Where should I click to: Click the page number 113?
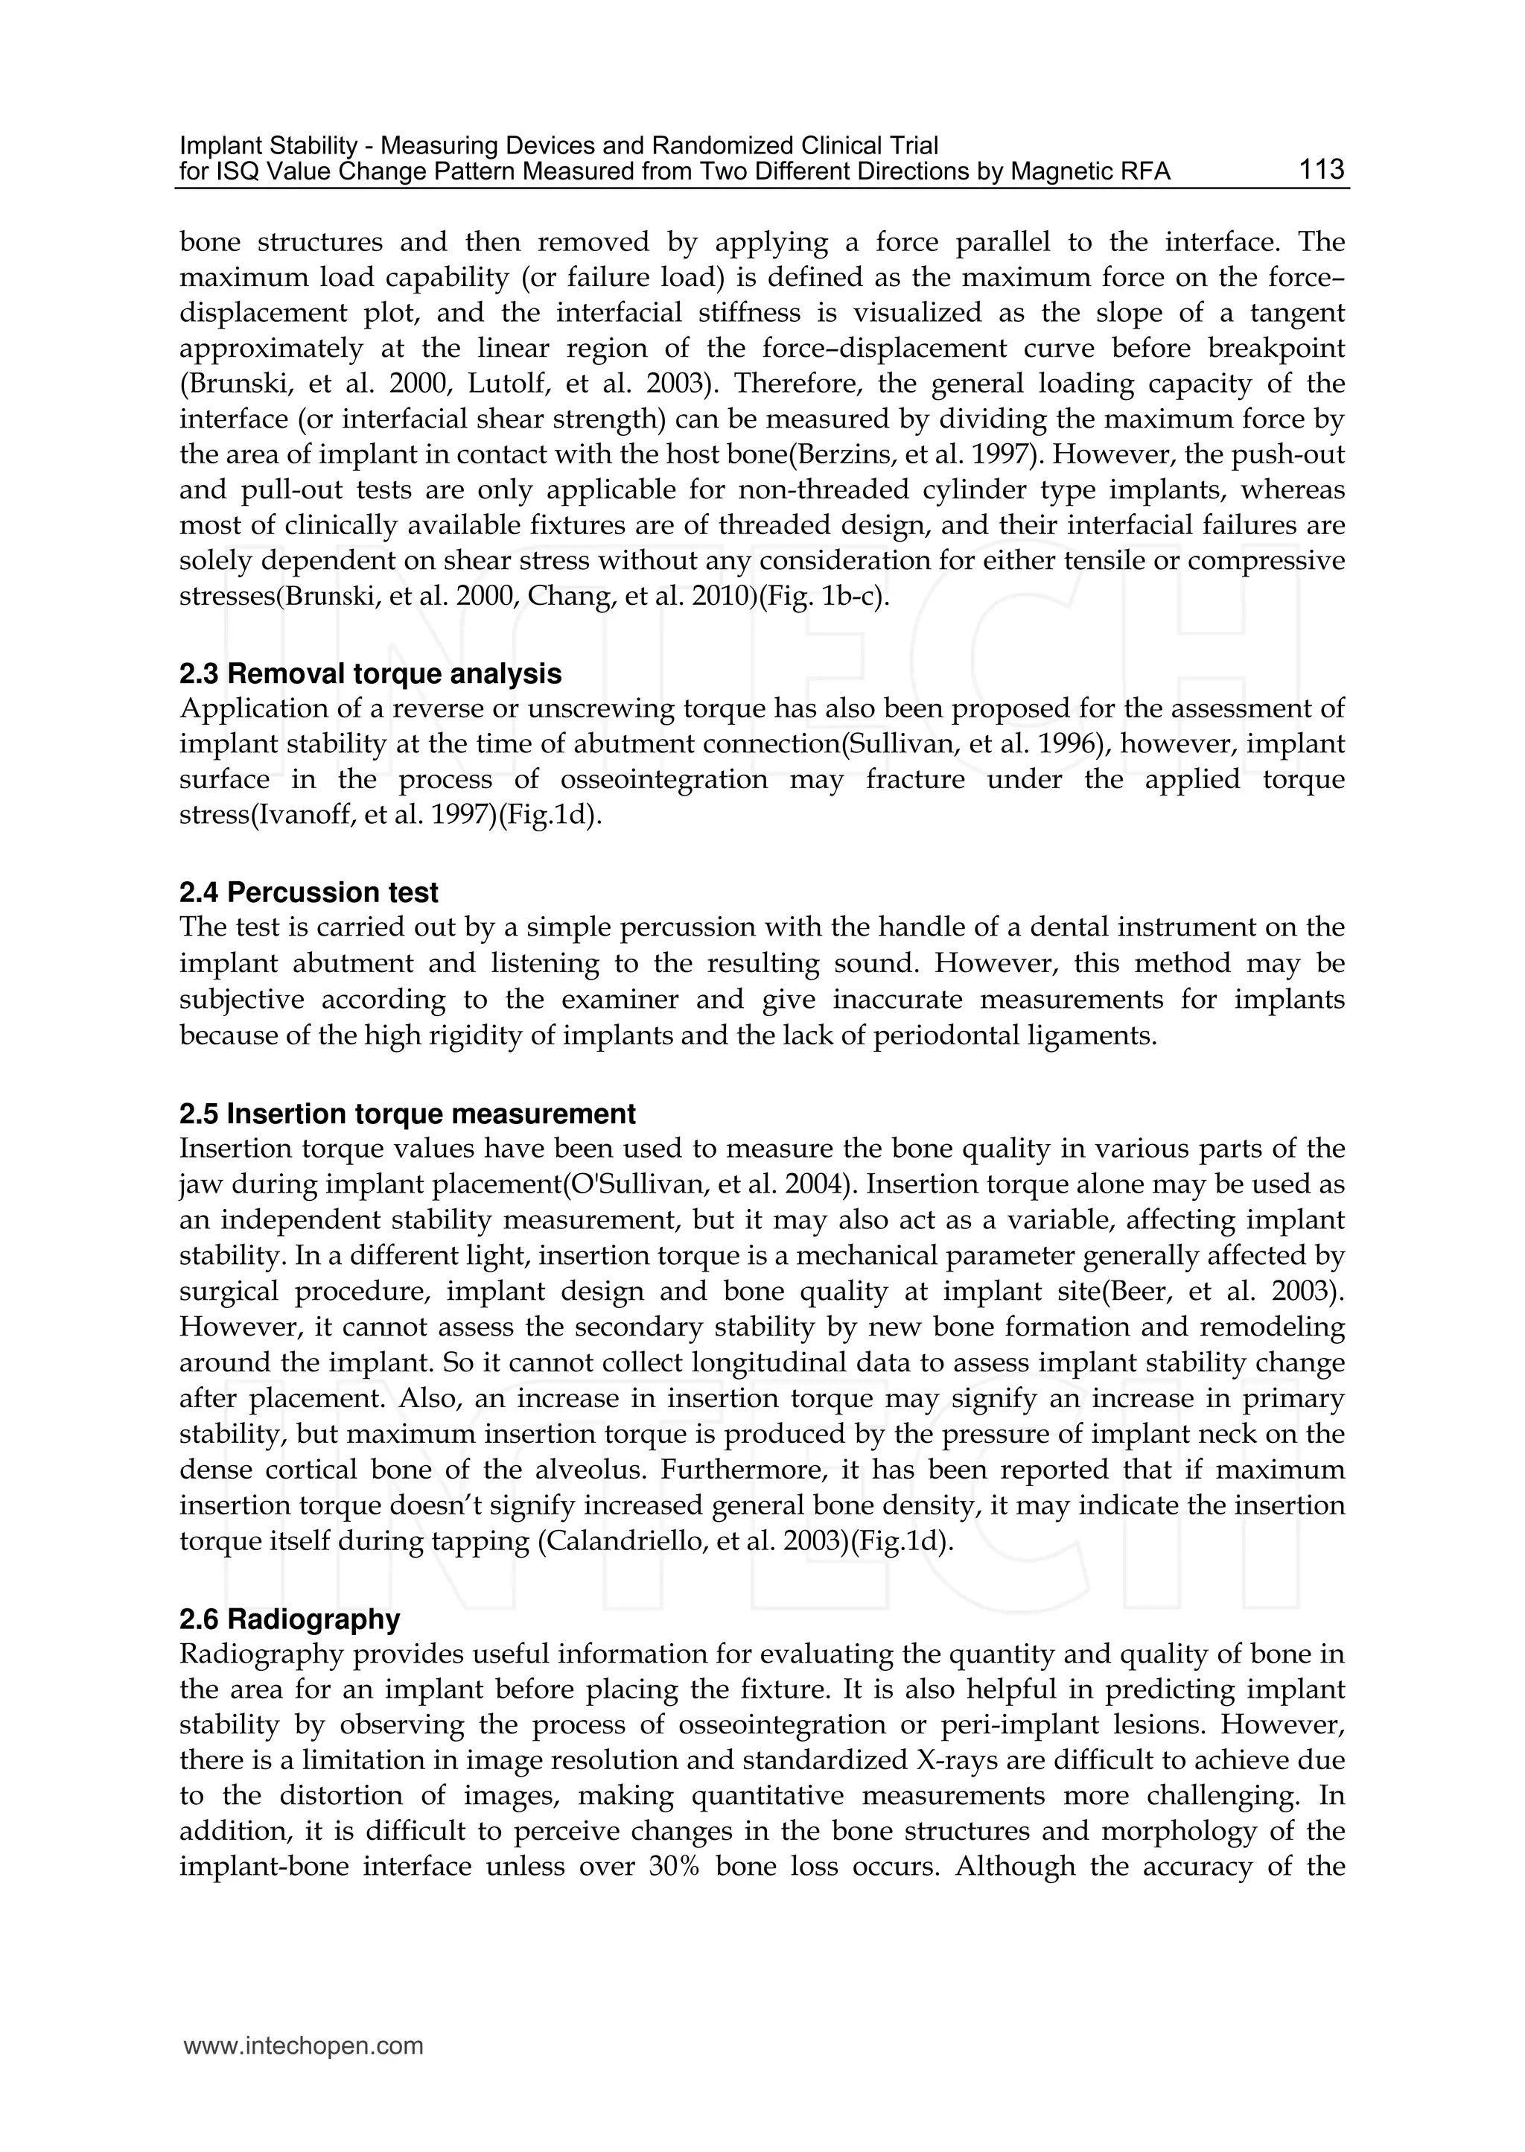click(x=1321, y=170)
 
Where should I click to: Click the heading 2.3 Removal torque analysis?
click(x=370, y=673)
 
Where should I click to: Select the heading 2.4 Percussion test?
click(x=309, y=892)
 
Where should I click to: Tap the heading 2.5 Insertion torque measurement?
click(x=407, y=1114)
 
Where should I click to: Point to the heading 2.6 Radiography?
click(x=289, y=1619)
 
